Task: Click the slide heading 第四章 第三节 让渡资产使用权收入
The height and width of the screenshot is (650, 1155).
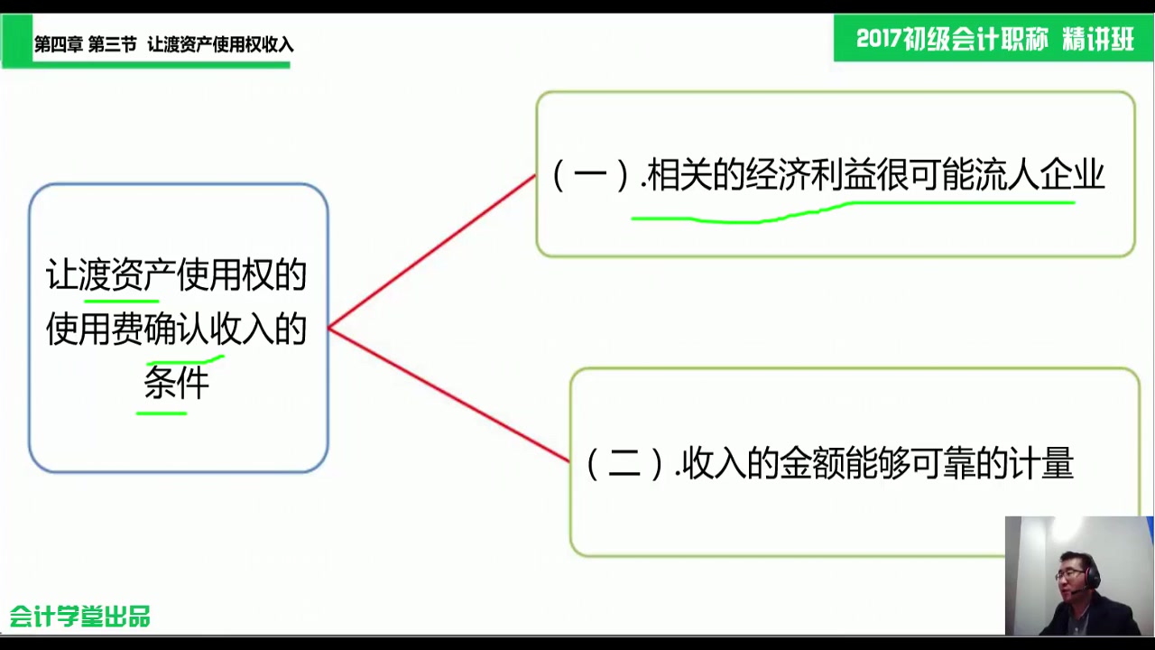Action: coord(163,44)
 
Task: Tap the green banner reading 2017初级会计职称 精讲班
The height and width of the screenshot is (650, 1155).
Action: coord(993,39)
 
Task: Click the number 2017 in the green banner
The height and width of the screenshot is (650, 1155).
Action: coord(880,39)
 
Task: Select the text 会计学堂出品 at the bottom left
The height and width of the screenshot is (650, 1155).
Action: coord(80,617)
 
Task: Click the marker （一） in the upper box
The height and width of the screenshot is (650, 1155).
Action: coord(590,175)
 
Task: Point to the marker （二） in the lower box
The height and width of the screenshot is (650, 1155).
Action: coord(625,464)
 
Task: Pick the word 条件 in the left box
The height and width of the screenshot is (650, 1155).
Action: coord(177,383)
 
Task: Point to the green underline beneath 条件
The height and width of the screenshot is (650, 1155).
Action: coord(162,413)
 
